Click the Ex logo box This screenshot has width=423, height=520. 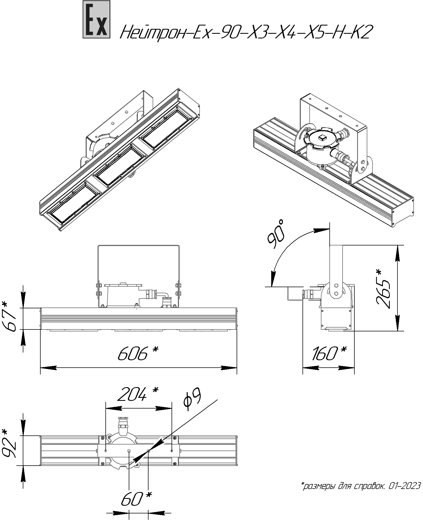(96, 19)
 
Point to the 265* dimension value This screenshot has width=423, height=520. (383, 289)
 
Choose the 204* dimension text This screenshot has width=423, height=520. (138, 394)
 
